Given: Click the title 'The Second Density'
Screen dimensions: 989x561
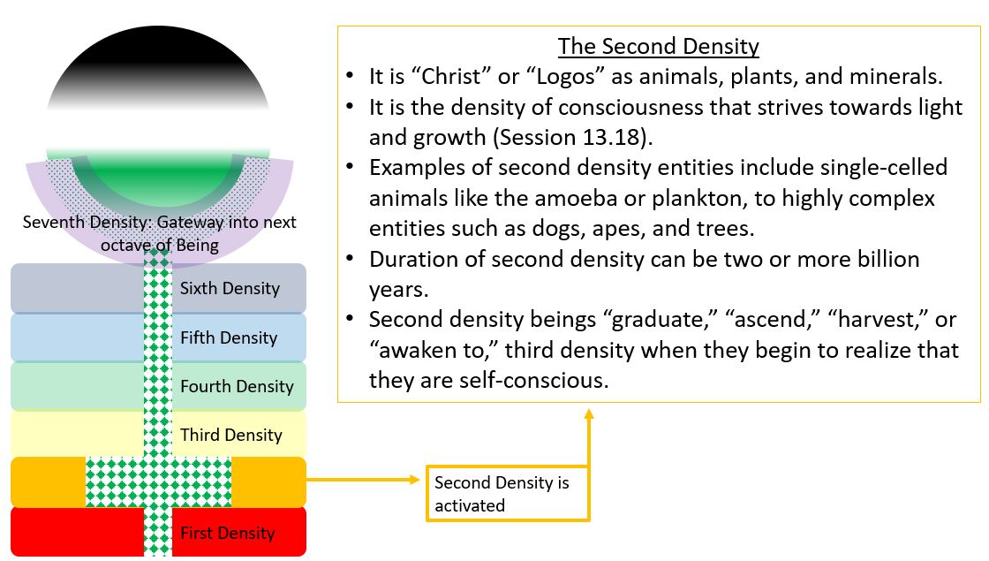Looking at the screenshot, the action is click(x=658, y=47).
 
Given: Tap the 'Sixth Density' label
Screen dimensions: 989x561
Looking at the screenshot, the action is click(x=230, y=288).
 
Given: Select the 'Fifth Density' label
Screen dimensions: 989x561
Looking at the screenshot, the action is click(x=229, y=338).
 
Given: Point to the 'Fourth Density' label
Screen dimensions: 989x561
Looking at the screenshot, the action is click(x=237, y=386).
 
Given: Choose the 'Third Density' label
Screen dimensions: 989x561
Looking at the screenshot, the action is click(x=230, y=435).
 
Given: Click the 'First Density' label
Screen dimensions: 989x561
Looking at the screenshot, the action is click(x=227, y=534).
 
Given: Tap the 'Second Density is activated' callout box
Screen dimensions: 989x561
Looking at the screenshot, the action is click(x=508, y=494).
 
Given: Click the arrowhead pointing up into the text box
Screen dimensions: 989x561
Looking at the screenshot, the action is click(x=588, y=414).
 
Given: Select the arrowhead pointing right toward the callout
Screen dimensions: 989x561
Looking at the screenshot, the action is click(x=414, y=480).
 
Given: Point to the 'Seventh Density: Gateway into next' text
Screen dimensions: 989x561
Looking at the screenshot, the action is click(x=160, y=222).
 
